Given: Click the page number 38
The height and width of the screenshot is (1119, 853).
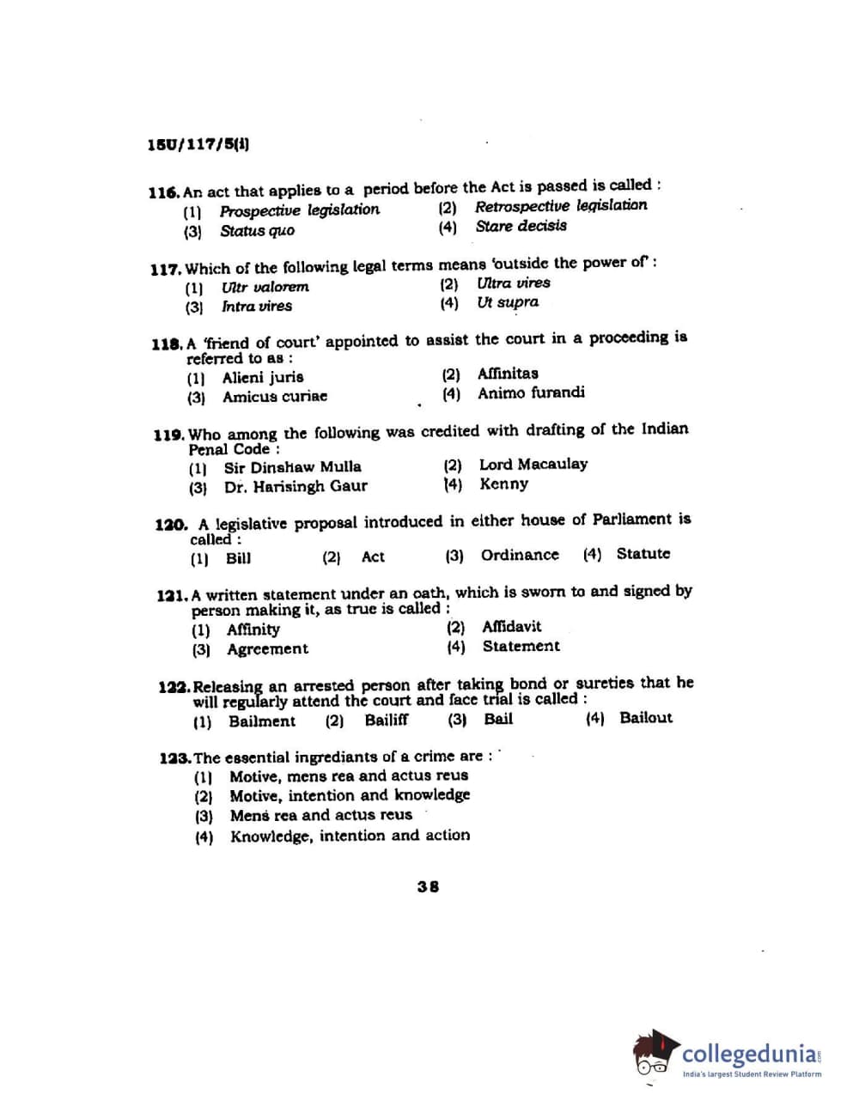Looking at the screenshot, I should pyautogui.click(x=428, y=886).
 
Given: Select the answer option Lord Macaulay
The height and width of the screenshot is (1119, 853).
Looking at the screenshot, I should pyautogui.click(x=533, y=465).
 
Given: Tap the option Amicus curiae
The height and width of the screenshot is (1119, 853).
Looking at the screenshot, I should pyautogui.click(x=274, y=397).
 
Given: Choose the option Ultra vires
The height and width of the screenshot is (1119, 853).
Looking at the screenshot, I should pyautogui.click(x=514, y=283).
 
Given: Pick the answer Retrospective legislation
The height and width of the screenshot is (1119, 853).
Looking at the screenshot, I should pyautogui.click(x=561, y=206).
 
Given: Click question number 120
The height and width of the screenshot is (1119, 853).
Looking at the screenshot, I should pyautogui.click(x=171, y=525).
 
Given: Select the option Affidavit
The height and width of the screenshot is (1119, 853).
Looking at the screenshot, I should pyautogui.click(x=511, y=627).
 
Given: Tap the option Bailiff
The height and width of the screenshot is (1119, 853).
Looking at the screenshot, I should pyautogui.click(x=386, y=721).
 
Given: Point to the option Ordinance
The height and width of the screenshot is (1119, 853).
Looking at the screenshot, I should pyautogui.click(x=519, y=555).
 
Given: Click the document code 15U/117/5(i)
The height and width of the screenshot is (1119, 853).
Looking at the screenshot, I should pyautogui.click(x=198, y=145).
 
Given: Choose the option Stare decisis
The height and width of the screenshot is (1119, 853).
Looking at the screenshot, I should pyautogui.click(x=521, y=227).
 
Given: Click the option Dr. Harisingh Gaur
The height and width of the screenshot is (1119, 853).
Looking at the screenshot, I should pyautogui.click(x=295, y=487).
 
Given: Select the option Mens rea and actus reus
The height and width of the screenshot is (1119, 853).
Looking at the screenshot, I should pyautogui.click(x=320, y=815).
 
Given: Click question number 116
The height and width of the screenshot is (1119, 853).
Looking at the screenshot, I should pyautogui.click(x=163, y=192).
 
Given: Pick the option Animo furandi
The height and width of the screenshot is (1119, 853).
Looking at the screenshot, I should pyautogui.click(x=531, y=393).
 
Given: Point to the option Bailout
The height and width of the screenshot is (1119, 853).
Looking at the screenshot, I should pyautogui.click(x=645, y=718).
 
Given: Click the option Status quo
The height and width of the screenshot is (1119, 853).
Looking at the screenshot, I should pyautogui.click(x=257, y=231).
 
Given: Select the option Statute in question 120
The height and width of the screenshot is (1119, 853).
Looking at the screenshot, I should pyautogui.click(x=643, y=554).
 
